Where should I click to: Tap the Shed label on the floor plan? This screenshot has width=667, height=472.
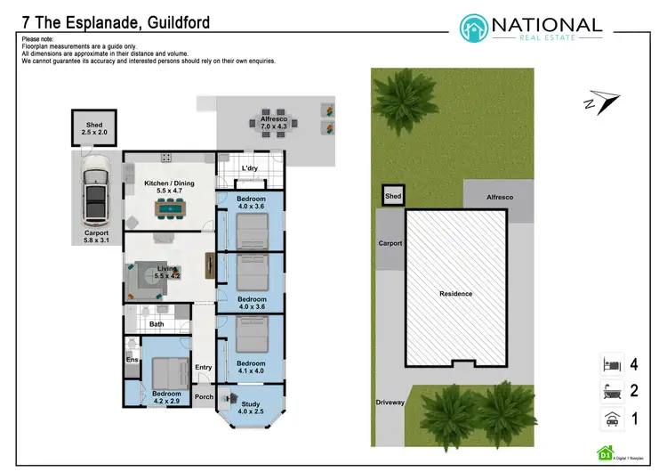tap(95, 129)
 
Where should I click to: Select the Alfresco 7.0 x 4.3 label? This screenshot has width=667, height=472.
tap(275, 123)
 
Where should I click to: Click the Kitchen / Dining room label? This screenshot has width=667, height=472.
tap(169, 188)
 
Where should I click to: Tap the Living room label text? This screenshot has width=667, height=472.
tap(167, 272)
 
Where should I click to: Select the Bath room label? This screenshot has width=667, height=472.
tap(157, 324)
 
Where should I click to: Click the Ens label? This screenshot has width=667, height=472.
tap(132, 360)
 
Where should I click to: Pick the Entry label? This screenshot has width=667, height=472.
tap(204, 367)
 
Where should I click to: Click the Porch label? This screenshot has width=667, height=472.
tap(204, 397)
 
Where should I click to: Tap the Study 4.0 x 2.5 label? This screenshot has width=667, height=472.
tap(251, 409)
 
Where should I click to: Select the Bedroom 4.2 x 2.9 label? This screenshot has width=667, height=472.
tap(166, 397)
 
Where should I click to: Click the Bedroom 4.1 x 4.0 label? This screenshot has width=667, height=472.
tap(251, 367)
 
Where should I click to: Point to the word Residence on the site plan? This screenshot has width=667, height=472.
tap(455, 293)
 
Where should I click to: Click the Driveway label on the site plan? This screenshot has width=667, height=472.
tap(390, 403)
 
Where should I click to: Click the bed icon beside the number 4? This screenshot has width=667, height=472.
tap(609, 363)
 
